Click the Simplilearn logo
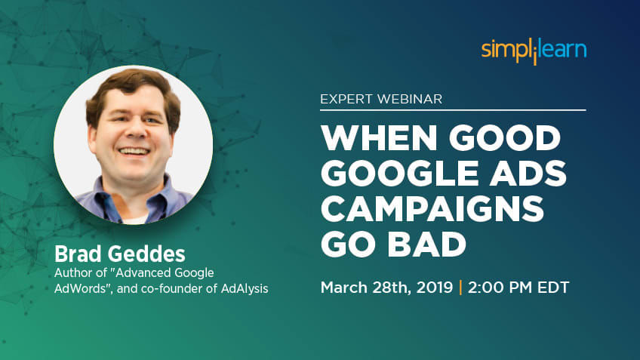(534, 51)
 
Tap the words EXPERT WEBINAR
(381, 99)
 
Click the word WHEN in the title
(379, 138)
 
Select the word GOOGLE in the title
(400, 173)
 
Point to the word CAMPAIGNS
(432, 208)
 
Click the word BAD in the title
(427, 244)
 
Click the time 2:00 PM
(500, 288)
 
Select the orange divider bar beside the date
(460, 288)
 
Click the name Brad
(78, 254)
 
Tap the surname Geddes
(146, 254)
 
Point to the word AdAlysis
(245, 288)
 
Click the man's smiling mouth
(134, 152)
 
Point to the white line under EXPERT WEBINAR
(453, 110)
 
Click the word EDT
(553, 288)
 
